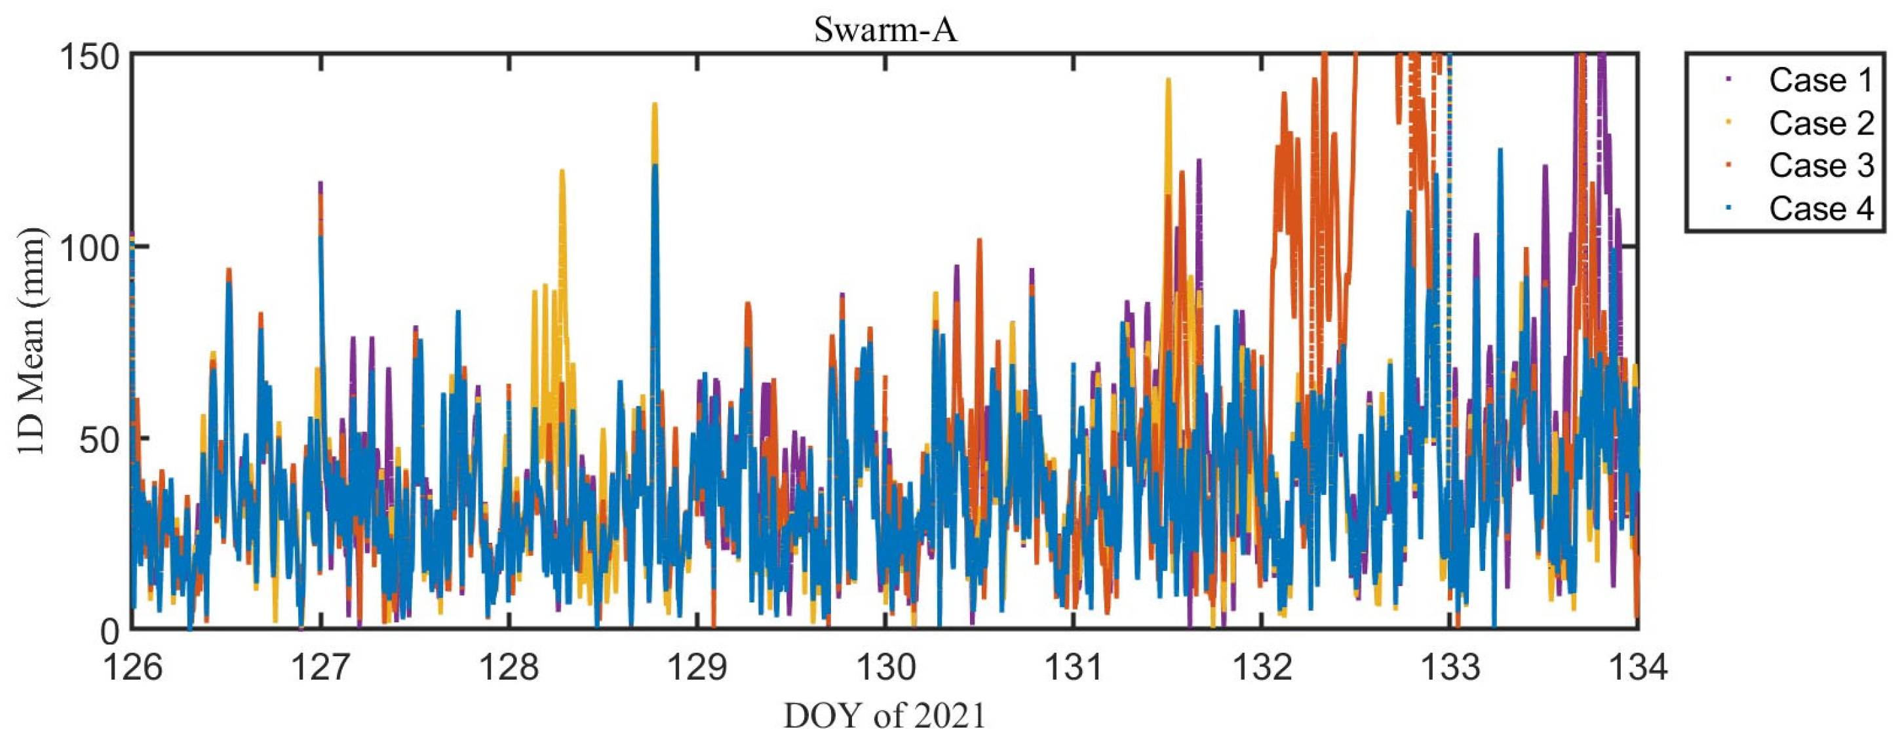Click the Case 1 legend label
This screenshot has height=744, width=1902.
coord(1821,81)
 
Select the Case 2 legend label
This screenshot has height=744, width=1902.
coord(1821,123)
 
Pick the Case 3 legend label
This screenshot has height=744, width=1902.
coord(1821,165)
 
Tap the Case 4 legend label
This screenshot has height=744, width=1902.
coord(1821,208)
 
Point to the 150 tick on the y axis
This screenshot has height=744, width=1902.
coord(88,56)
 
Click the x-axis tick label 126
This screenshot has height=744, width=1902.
coord(133,667)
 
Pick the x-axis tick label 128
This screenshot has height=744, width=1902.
coord(509,667)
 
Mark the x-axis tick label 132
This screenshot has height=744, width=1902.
coord(1262,667)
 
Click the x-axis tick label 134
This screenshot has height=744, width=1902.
coord(1638,667)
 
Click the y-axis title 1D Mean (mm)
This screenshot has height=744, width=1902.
coord(31,342)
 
